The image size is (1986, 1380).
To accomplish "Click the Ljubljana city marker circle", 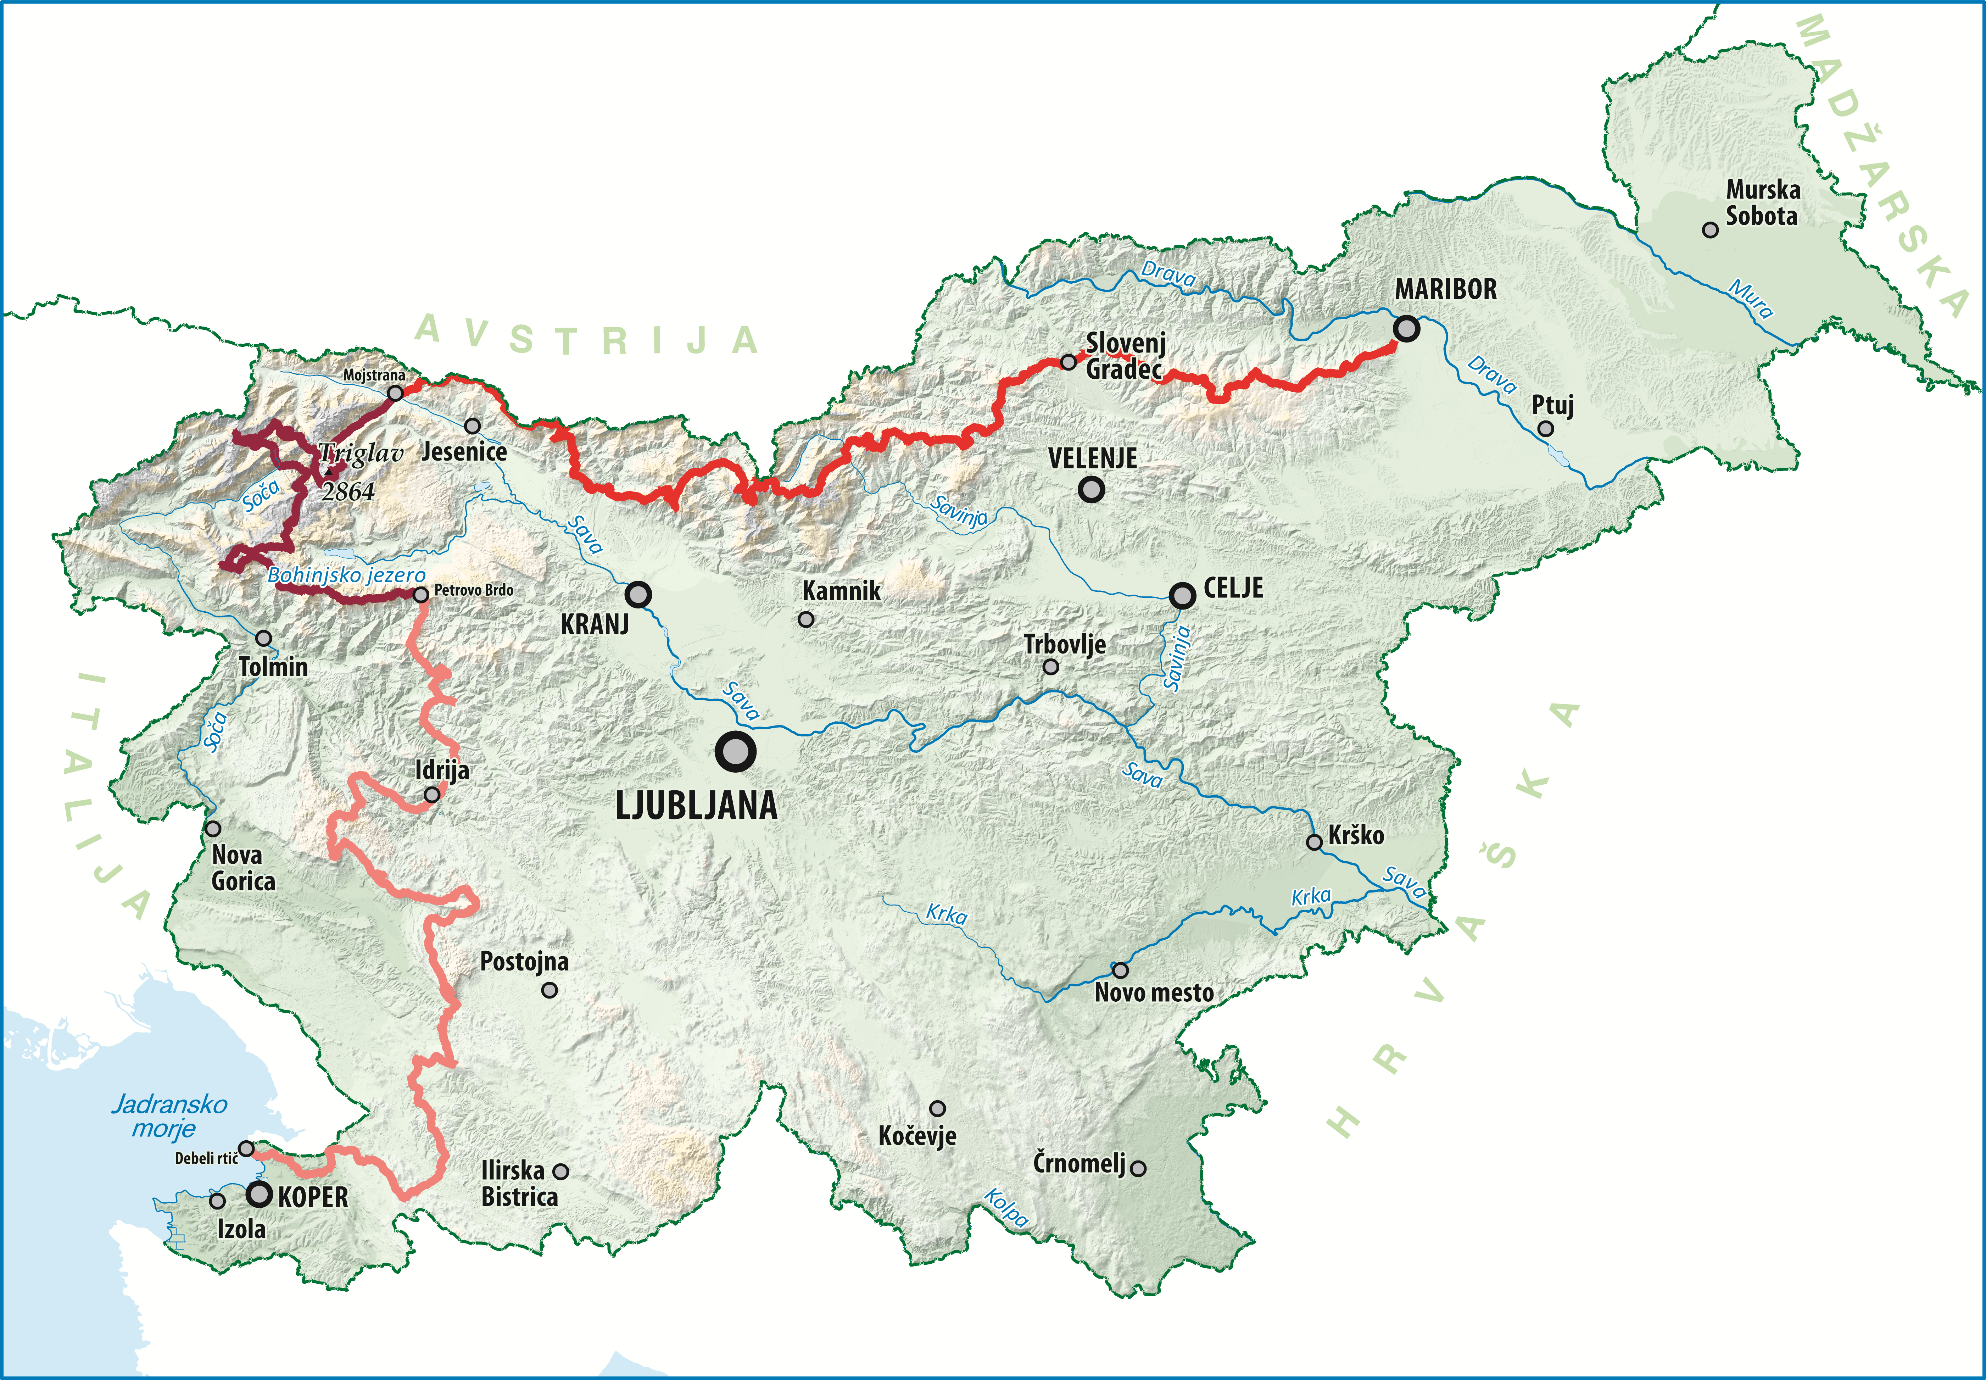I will (x=735, y=751).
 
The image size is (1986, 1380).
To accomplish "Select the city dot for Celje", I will (x=1182, y=595).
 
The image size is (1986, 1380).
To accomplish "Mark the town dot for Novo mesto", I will (x=1120, y=970).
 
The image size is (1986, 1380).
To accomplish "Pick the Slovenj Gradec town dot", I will (x=1069, y=361).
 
